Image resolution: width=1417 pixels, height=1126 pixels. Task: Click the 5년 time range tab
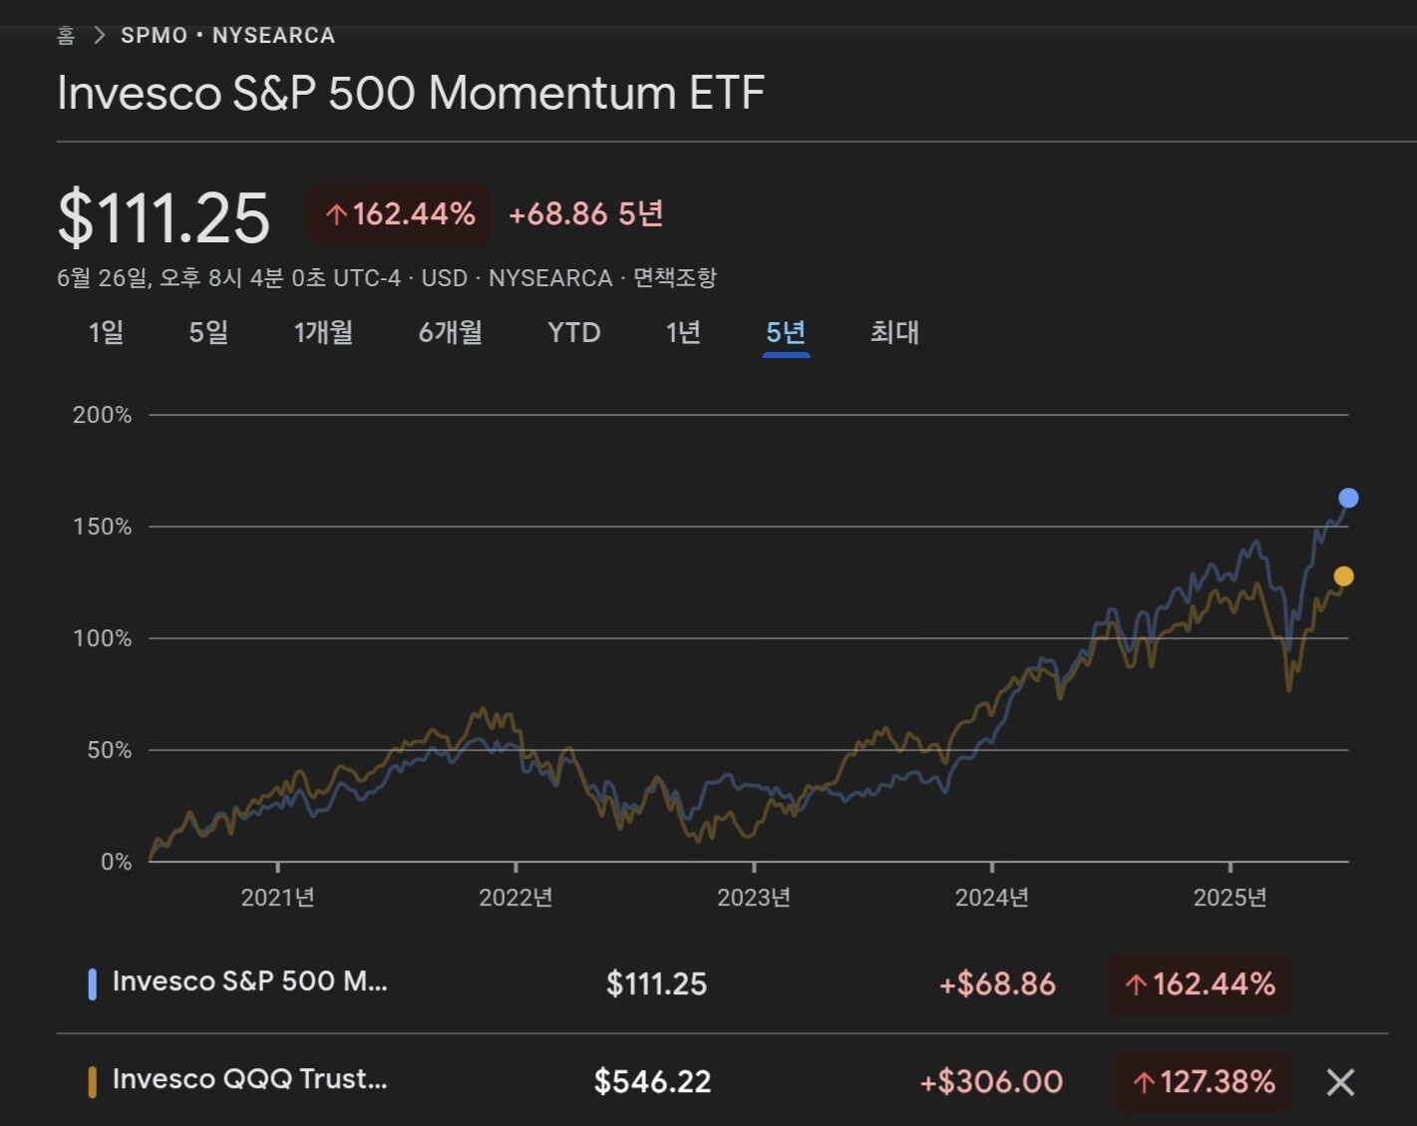(785, 332)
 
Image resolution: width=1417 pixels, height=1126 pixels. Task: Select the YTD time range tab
(573, 332)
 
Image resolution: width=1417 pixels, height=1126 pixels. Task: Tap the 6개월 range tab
(450, 332)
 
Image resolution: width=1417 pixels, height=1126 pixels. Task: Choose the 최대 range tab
(893, 332)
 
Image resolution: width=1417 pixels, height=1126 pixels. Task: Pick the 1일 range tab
(107, 332)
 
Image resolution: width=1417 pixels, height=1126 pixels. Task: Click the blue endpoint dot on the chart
(1348, 498)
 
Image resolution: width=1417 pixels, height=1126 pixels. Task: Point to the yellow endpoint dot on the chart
(1343, 576)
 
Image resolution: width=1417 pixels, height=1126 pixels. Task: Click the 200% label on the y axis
(102, 415)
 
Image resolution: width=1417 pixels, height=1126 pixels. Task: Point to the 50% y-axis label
(109, 750)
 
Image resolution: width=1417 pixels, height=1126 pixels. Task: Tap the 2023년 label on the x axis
(754, 898)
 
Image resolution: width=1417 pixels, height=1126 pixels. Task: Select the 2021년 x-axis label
(277, 898)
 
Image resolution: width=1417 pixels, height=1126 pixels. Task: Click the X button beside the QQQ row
(1340, 1082)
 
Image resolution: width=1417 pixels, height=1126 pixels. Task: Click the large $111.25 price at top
(165, 218)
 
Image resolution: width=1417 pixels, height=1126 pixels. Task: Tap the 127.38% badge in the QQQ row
(1203, 1082)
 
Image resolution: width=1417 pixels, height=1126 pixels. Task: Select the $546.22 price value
(652, 1082)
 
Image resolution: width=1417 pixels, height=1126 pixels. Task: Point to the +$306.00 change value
(991, 1082)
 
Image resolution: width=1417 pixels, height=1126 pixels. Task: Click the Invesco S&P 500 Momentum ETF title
(411, 94)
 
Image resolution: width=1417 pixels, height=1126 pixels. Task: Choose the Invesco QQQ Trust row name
(249, 1079)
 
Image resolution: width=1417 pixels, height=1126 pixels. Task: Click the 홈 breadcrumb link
(66, 36)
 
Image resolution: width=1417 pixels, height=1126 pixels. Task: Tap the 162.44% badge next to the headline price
(399, 214)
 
